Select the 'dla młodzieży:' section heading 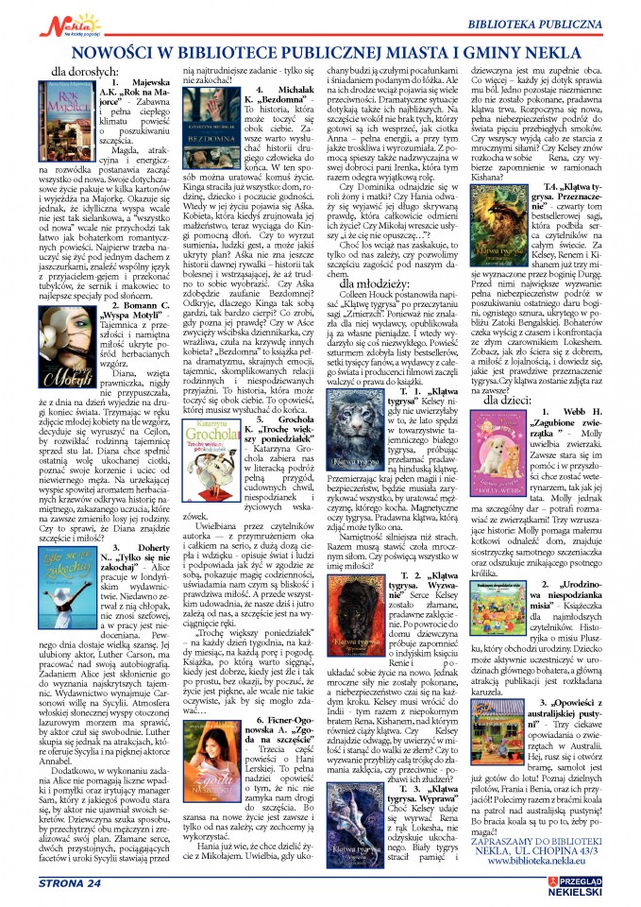pos(374,281)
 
